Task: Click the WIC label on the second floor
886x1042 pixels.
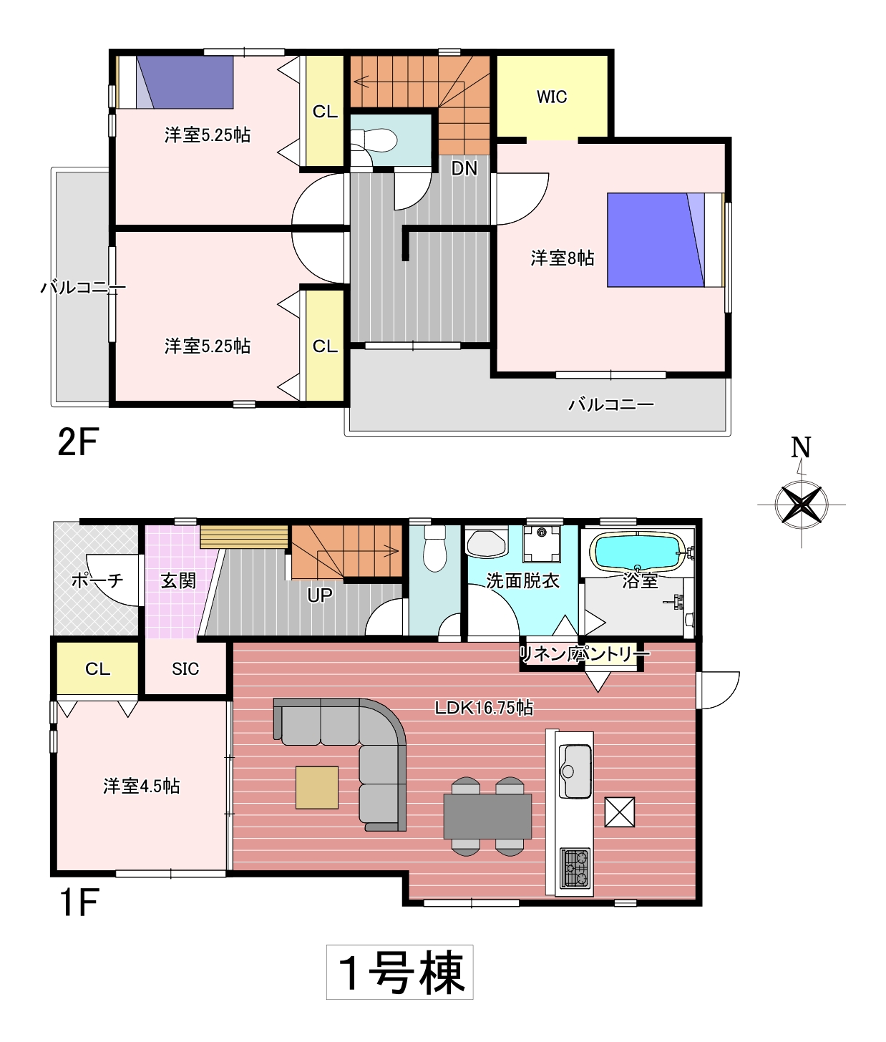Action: [552, 97]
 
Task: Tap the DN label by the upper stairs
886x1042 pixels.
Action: [464, 168]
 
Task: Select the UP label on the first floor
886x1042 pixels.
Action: [320, 596]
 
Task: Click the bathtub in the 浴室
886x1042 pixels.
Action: [640, 552]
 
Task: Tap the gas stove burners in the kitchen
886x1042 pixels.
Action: [575, 867]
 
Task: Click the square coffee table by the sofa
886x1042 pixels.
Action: [316, 787]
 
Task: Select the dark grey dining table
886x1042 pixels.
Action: [487, 816]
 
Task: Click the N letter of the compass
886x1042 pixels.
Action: [801, 447]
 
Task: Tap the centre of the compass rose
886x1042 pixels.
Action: [801, 504]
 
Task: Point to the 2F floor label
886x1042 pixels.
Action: [78, 442]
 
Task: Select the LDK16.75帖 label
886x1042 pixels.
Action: [484, 708]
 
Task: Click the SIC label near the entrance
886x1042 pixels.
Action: [185, 668]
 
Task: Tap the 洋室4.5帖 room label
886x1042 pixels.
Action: [141, 786]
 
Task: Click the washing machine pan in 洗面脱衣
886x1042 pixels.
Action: [542, 544]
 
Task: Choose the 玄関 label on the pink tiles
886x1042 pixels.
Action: [178, 580]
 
